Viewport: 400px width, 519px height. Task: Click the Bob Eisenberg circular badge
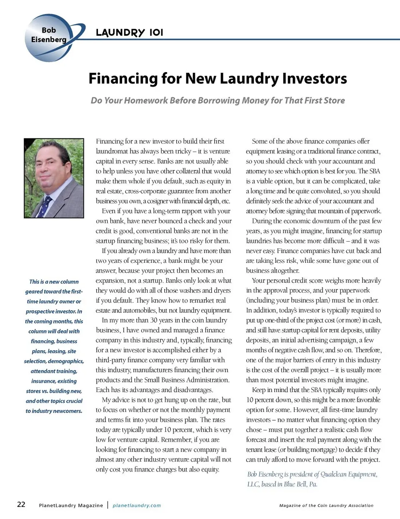coord(49,37)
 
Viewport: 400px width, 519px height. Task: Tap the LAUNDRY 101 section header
coord(129,32)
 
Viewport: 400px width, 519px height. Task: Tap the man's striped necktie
coord(46,205)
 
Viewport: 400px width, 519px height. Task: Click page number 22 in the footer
coord(21,504)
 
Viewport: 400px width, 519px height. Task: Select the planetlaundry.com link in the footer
coord(137,505)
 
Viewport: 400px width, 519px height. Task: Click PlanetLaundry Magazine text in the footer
coord(71,505)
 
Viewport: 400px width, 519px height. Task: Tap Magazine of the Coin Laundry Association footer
coord(326,505)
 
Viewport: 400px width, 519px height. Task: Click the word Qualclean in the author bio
coord(337,474)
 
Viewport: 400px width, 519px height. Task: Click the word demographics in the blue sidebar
coord(66,361)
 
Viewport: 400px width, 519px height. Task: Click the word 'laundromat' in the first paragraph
coord(114,151)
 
